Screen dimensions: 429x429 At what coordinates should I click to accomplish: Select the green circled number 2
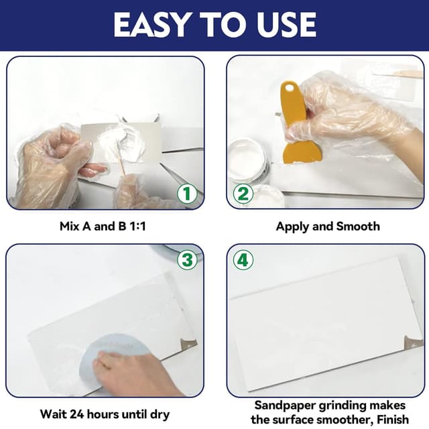[x=242, y=194]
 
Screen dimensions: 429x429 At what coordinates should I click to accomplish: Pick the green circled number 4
[x=243, y=260]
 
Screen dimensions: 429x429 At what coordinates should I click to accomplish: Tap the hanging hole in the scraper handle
[x=290, y=89]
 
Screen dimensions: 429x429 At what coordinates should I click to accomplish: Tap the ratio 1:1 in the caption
[x=134, y=227]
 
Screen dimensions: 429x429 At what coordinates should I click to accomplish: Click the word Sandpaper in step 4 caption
[x=283, y=406]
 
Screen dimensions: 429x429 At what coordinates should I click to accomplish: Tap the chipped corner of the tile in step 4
[x=410, y=344]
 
